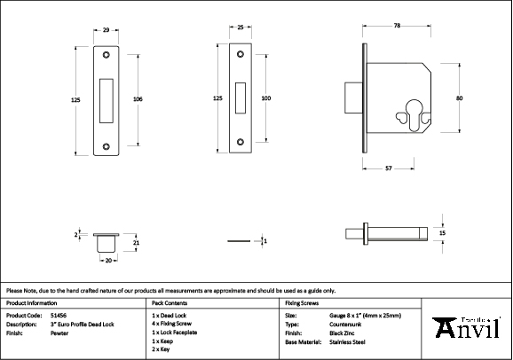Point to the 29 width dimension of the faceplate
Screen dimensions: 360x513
coord(107,31)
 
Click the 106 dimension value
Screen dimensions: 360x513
coord(138,98)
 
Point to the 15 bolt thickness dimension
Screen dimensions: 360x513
coord(442,232)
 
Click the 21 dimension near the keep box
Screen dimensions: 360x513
coord(136,241)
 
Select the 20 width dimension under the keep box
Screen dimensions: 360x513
coord(107,261)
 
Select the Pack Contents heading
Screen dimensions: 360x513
coord(169,303)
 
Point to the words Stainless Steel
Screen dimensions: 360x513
coord(346,340)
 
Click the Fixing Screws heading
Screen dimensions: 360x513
coord(302,303)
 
